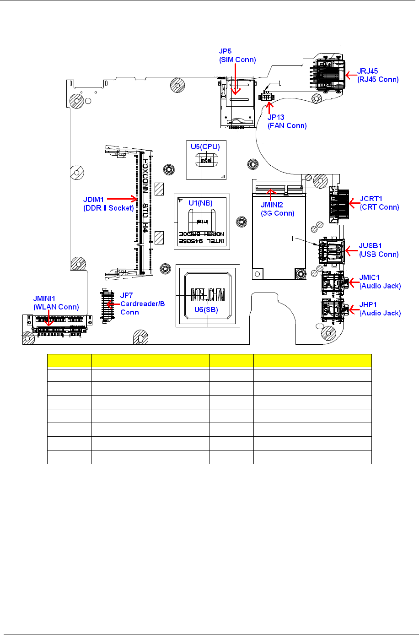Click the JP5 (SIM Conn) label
(237, 55)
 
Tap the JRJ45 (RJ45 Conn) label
(377, 75)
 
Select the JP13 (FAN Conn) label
(287, 121)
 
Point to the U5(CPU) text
(205, 147)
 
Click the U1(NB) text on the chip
(200, 203)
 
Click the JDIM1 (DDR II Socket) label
(108, 204)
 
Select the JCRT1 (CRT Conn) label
(379, 203)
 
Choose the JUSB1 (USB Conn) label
(378, 250)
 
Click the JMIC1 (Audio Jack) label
(380, 282)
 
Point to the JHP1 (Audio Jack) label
(380, 309)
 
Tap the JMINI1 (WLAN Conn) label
(56, 303)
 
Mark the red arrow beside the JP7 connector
(113, 304)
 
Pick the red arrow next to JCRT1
(353, 202)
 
